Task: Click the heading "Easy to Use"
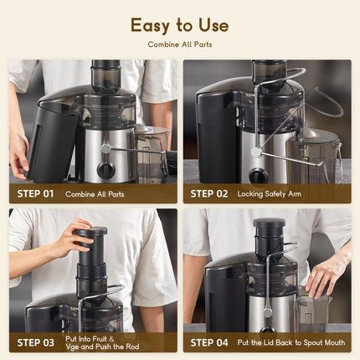[x=179, y=25]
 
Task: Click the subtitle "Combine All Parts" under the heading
[x=179, y=44]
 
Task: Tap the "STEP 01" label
[x=35, y=193]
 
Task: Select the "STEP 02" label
[x=209, y=193]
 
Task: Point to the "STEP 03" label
[x=35, y=342]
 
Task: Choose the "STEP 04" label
[x=209, y=342]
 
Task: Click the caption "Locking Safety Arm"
[x=269, y=193]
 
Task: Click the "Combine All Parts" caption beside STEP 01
[x=95, y=193]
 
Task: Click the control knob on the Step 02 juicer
[x=260, y=175]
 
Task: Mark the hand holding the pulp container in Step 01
[x=18, y=155]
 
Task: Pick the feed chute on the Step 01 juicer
[x=105, y=77]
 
